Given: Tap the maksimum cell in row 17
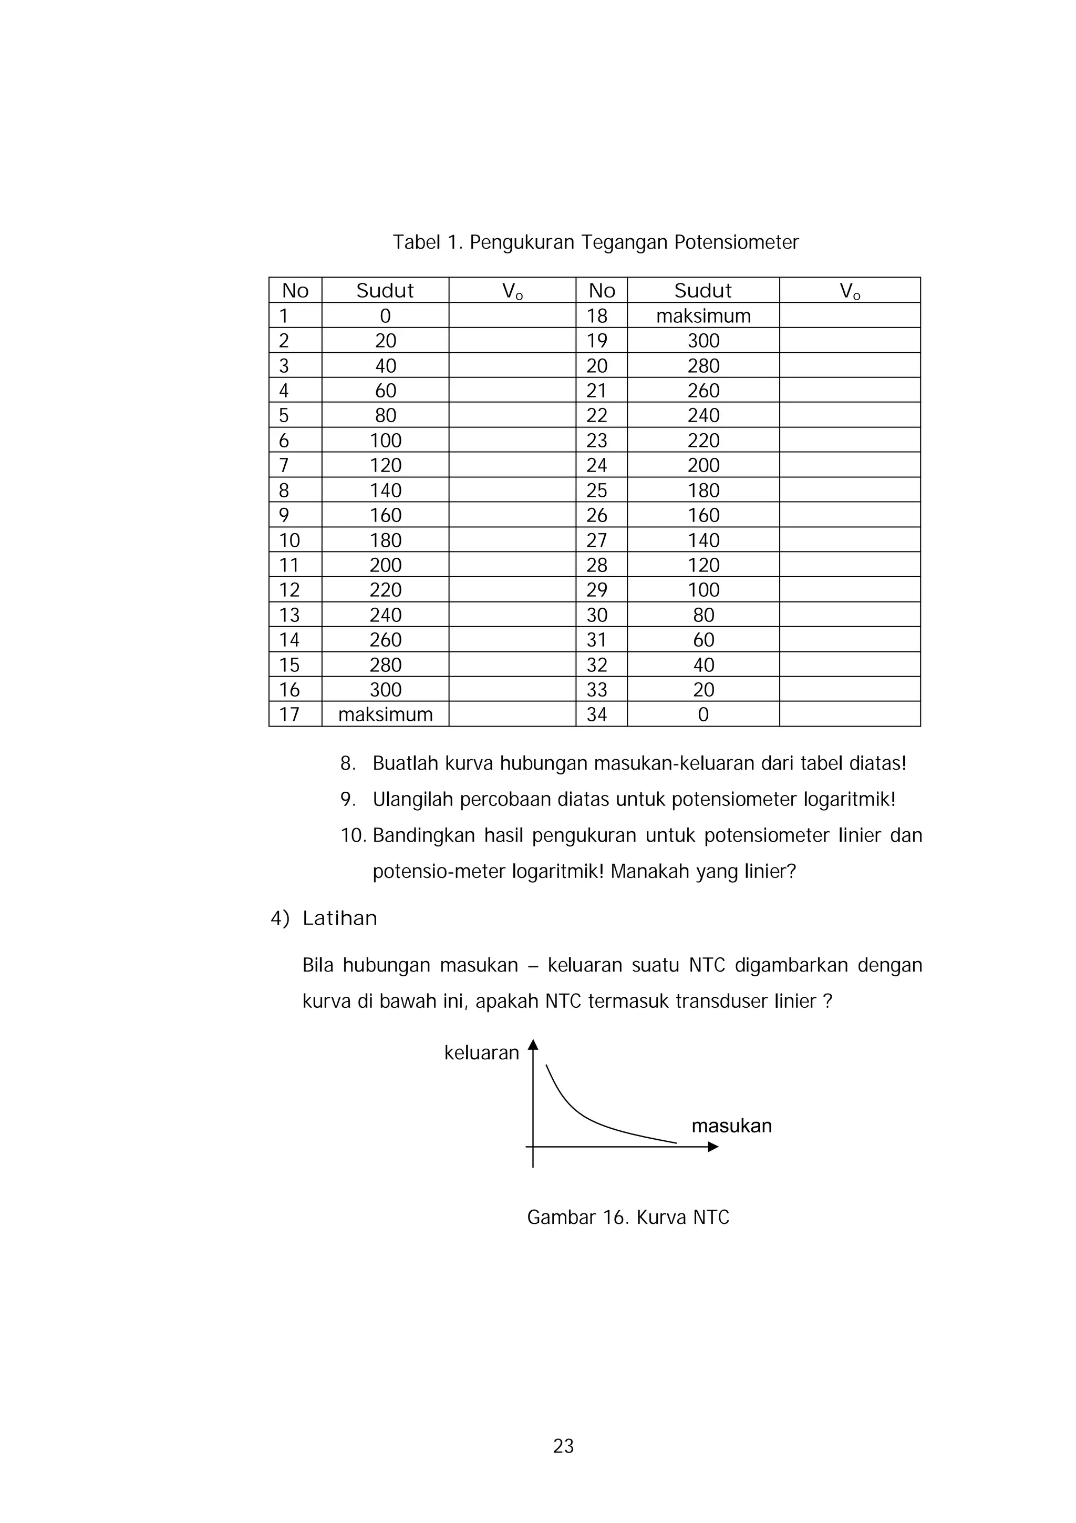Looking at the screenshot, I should pos(385,714).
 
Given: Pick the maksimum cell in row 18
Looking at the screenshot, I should pos(703,316).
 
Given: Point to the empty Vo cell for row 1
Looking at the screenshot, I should pos(512,316).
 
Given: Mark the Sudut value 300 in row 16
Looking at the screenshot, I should pos(385,690).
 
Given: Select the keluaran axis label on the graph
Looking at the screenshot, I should pos(481,1052).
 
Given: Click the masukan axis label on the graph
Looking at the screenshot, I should pos(731,1126).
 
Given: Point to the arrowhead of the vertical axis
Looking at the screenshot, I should pos(533,1045).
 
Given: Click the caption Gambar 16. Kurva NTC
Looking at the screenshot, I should pos(628,1217).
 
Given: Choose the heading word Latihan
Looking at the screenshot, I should pos(339,918).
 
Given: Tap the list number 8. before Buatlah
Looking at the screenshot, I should pos(348,763).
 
